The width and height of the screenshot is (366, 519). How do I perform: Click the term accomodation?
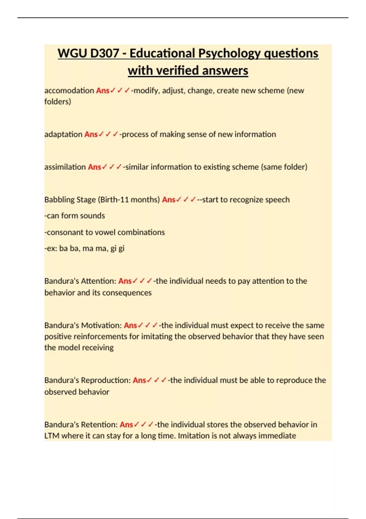(x=69, y=91)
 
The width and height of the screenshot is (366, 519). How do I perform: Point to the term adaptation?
(x=63, y=134)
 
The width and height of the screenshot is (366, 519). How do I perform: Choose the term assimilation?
(x=65, y=167)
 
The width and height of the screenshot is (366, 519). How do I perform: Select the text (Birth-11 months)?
(x=129, y=200)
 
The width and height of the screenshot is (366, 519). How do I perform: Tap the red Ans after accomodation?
(x=102, y=91)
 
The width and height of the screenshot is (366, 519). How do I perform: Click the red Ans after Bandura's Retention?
(x=126, y=425)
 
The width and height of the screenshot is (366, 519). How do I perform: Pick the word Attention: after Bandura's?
(x=102, y=281)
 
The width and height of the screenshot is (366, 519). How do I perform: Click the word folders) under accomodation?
(x=58, y=102)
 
